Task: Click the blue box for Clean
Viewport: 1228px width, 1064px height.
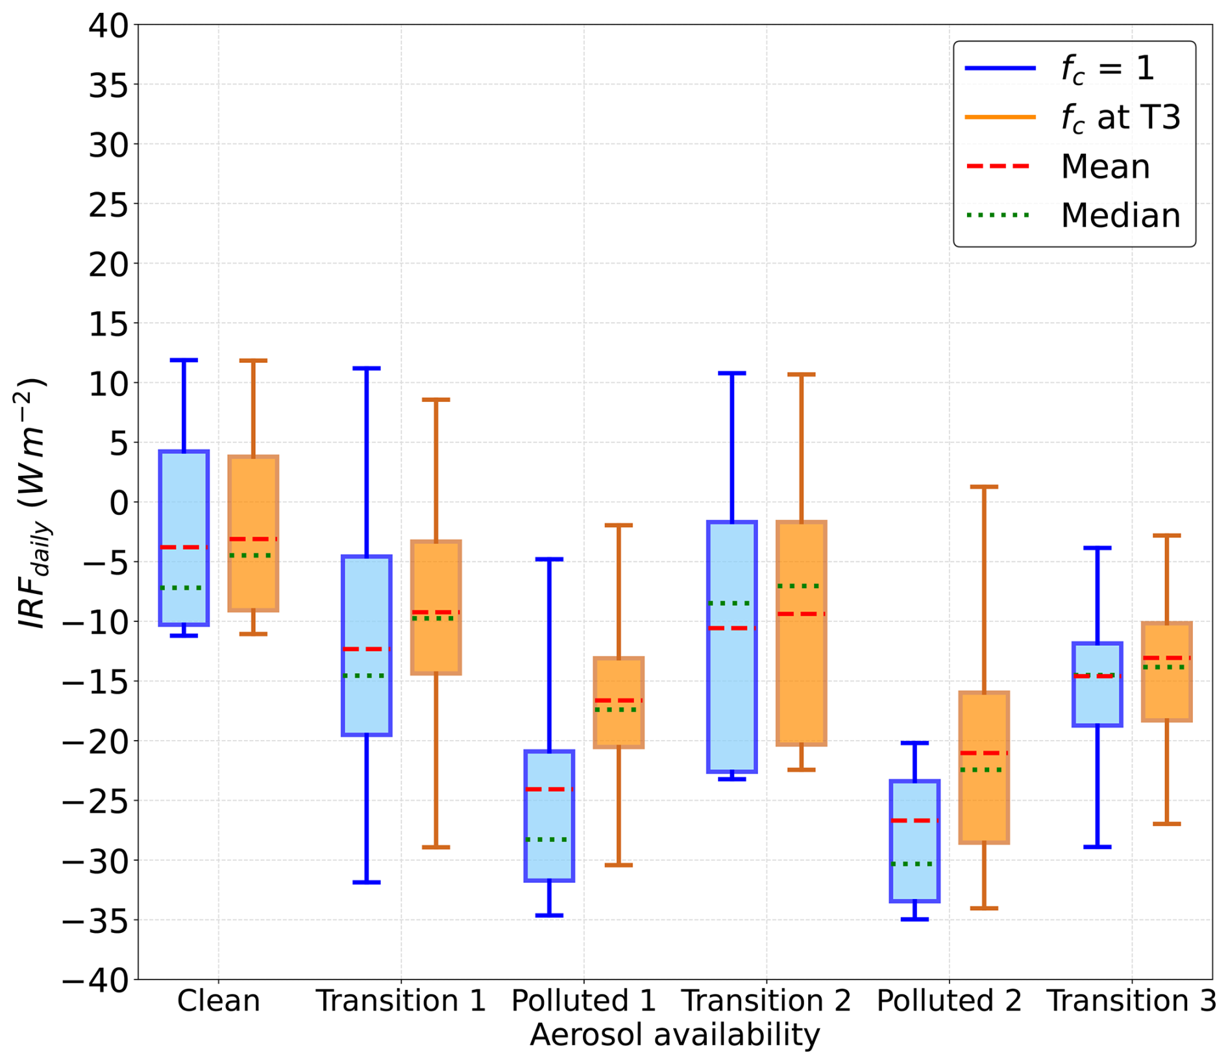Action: (184, 538)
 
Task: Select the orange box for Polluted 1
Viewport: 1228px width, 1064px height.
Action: (619, 702)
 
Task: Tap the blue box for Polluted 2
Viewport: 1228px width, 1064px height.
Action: (915, 841)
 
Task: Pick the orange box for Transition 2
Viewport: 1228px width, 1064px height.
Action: (801, 632)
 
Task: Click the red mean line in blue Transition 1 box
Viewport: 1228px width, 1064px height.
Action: (367, 649)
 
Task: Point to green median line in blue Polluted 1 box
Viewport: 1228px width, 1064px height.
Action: (549, 839)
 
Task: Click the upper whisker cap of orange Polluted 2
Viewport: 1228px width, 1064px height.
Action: (984, 486)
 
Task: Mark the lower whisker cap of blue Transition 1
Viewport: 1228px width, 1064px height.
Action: (367, 882)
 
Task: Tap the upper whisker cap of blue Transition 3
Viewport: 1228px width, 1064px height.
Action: (1098, 548)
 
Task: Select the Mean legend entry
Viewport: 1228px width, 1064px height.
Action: (1057, 167)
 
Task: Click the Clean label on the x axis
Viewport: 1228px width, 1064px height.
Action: (219, 1001)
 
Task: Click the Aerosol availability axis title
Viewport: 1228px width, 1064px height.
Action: (675, 1035)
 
